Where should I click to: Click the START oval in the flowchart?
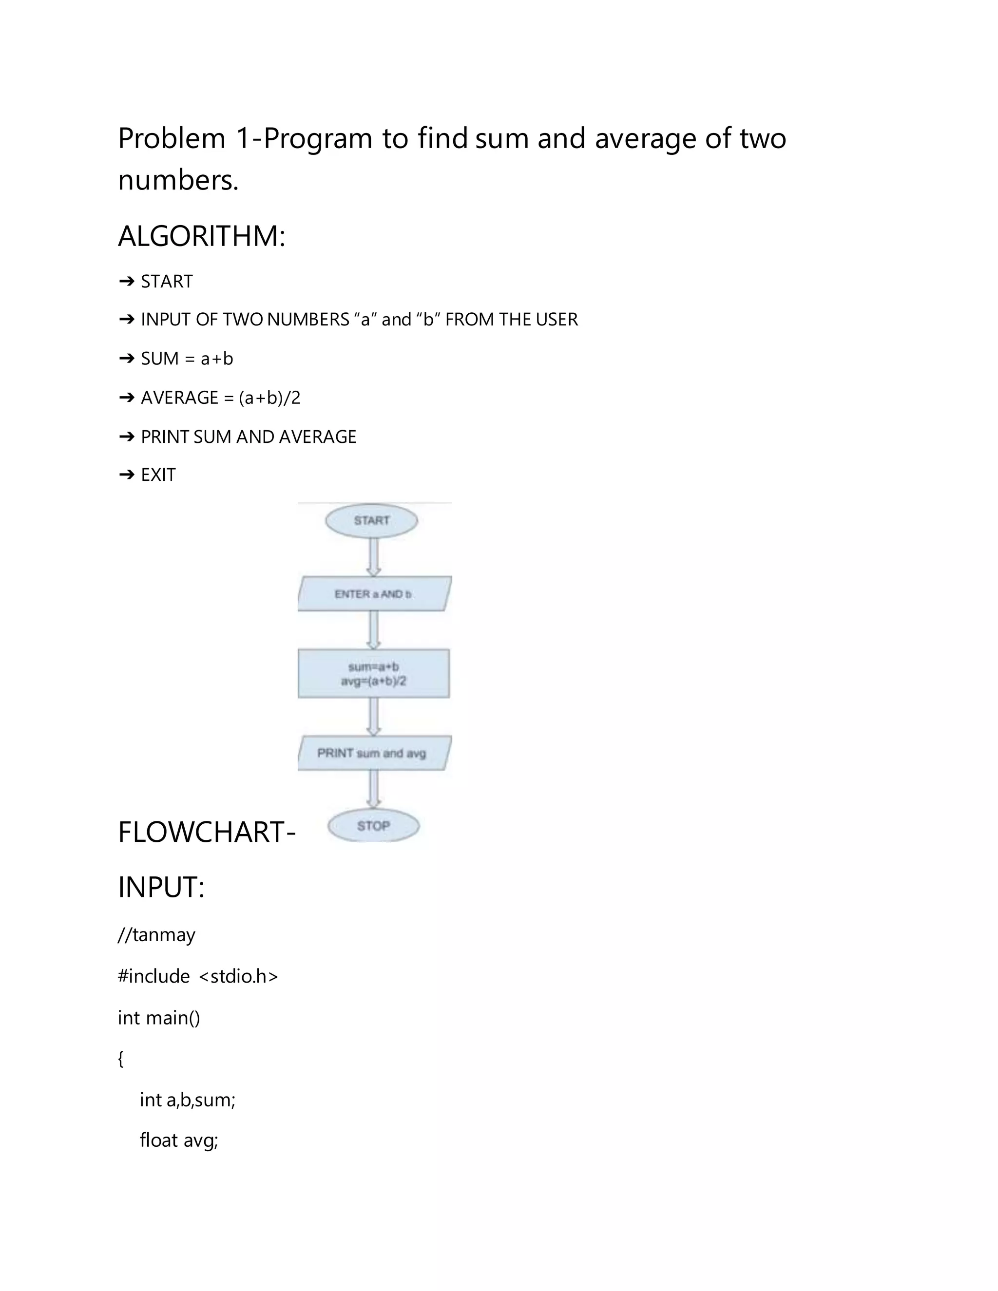pos(371,521)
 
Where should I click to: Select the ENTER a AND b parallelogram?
pos(374,594)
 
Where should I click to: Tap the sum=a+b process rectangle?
pos(374,674)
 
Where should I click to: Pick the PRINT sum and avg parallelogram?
pos(374,753)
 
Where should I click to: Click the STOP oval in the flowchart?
pos(374,826)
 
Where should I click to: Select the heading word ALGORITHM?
pos(202,236)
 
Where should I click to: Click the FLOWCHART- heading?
pos(206,832)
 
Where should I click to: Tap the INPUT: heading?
pos(161,887)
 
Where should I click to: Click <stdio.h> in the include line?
pos(238,976)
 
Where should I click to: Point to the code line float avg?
pos(178,1139)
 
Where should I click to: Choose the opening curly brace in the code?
pos(121,1059)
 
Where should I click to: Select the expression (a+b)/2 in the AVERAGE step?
pos(269,398)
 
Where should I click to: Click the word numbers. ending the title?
pos(178,180)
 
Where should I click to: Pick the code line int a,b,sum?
pos(188,1100)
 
